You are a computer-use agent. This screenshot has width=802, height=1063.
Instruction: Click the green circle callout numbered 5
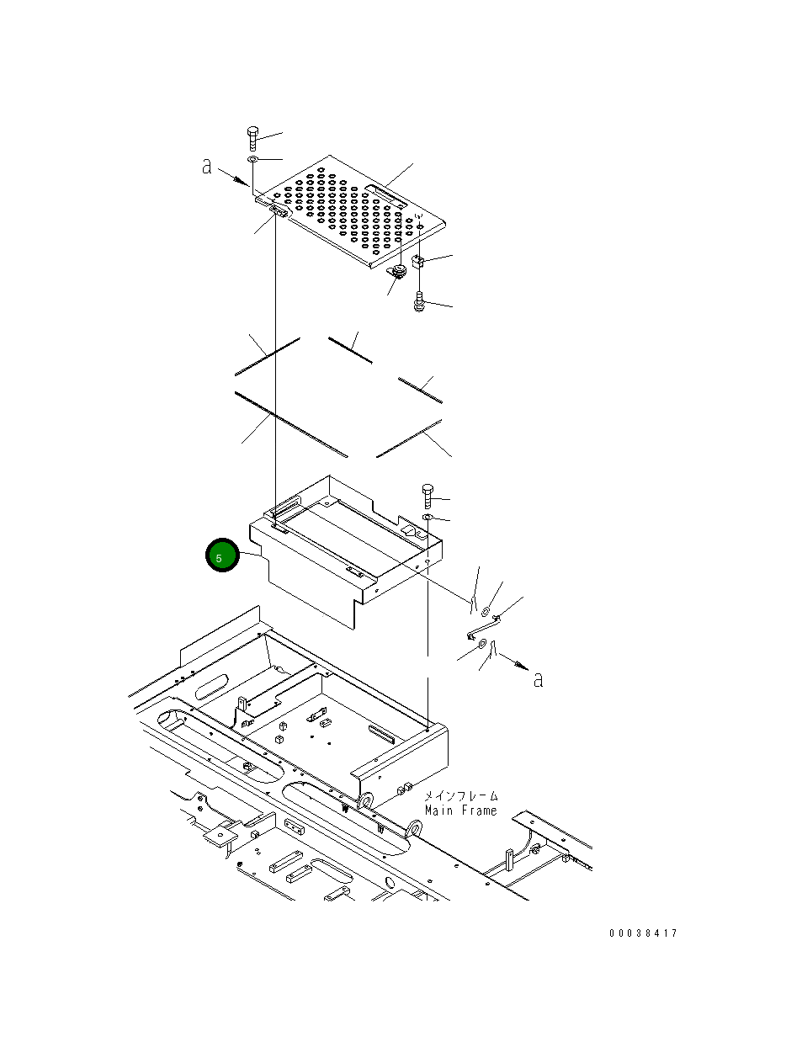click(x=222, y=557)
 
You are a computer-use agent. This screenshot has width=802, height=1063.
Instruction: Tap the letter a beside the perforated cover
click(x=207, y=167)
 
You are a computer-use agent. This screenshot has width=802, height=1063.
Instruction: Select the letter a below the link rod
click(x=538, y=678)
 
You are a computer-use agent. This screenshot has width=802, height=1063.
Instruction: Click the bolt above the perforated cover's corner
click(x=252, y=137)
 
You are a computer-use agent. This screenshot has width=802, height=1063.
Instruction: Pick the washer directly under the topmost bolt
click(x=252, y=159)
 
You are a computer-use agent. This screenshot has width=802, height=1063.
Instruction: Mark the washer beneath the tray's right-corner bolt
click(x=428, y=517)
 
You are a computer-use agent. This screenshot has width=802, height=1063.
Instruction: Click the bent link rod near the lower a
click(x=484, y=626)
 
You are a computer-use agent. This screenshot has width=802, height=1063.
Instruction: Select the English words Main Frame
click(x=460, y=811)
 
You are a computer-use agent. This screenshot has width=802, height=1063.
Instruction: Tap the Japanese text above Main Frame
click(x=460, y=795)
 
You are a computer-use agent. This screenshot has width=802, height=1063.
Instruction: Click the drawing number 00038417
click(x=644, y=933)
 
